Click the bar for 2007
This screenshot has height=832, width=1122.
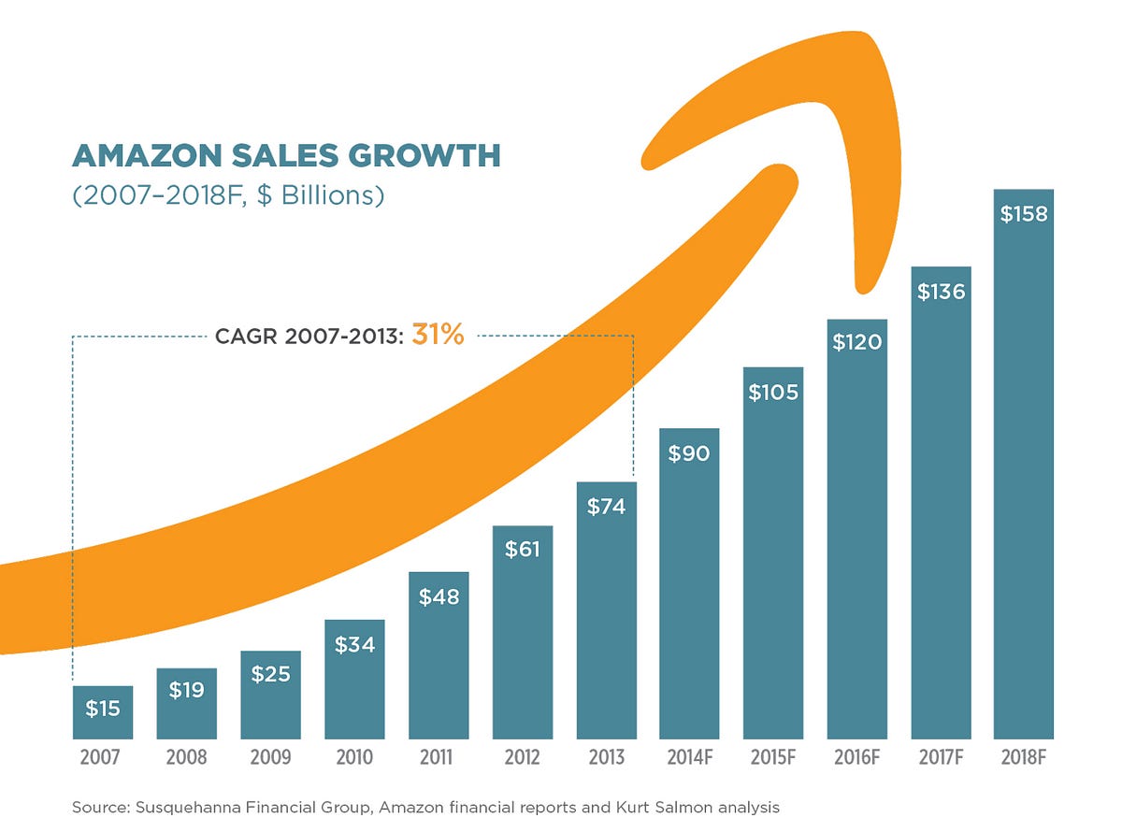coord(103,712)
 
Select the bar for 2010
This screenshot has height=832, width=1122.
coord(354,680)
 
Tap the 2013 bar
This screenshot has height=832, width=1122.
coord(607,610)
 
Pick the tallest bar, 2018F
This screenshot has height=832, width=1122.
coord(1023,465)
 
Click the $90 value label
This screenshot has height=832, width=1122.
coord(689,453)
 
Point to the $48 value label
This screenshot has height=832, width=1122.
coord(439,596)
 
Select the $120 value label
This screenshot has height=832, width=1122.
coord(857,342)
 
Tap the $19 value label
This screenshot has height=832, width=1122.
coord(187,689)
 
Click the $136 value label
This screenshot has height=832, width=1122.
coord(941,292)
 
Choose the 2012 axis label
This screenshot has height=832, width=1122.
coord(522,757)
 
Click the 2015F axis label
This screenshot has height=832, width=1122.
coord(773,757)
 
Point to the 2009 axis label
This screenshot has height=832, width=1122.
coord(270,757)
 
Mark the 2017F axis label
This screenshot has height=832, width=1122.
coord(941,757)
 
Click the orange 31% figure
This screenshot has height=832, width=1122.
coord(438,335)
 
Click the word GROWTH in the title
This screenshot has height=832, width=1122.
coord(424,155)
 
